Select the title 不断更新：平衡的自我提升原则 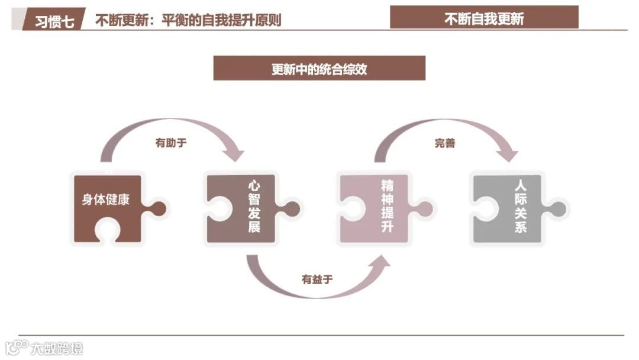pos(188,20)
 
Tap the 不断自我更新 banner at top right pos(484,18)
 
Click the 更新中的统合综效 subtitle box pos(319,69)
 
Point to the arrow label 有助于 pos(170,143)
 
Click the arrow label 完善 pos(445,143)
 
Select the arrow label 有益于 pos(317,279)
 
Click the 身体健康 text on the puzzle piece pos(106,200)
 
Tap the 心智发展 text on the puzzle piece pos(254,207)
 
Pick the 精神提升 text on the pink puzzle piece pos(388,207)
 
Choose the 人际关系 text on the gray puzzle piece pos(521,207)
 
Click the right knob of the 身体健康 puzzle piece pos(158,208)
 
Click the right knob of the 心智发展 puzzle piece pos(292,208)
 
